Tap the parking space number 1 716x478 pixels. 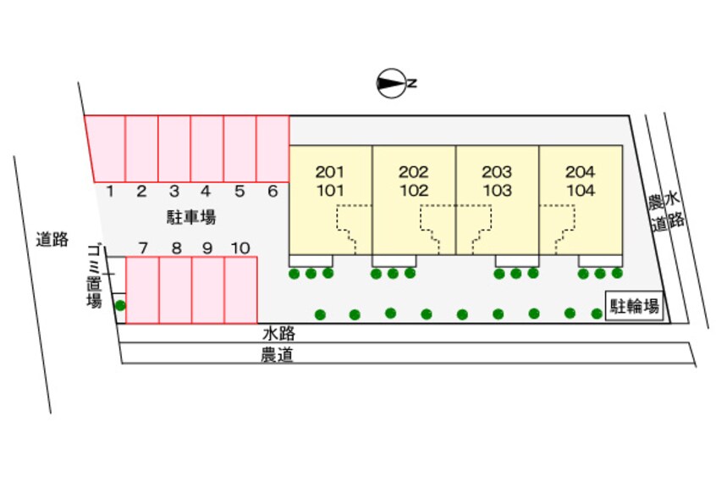pos(110,192)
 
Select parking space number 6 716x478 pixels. pos(273,192)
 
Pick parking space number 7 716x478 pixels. pos(143,248)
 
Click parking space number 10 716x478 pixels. pos(240,248)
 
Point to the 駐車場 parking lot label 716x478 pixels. pos(191,218)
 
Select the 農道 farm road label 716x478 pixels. pos(277,356)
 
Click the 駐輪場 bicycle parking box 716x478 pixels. pos(634,307)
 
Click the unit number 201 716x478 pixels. pos(330,172)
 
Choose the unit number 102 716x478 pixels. pos(414,191)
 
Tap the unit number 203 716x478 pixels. pos(497,172)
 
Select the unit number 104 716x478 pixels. pos(581,191)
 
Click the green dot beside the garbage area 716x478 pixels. pos(120,305)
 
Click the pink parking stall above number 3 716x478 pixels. pos(174,148)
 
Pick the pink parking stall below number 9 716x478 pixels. pos(207,291)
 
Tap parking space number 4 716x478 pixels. pos(207,192)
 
